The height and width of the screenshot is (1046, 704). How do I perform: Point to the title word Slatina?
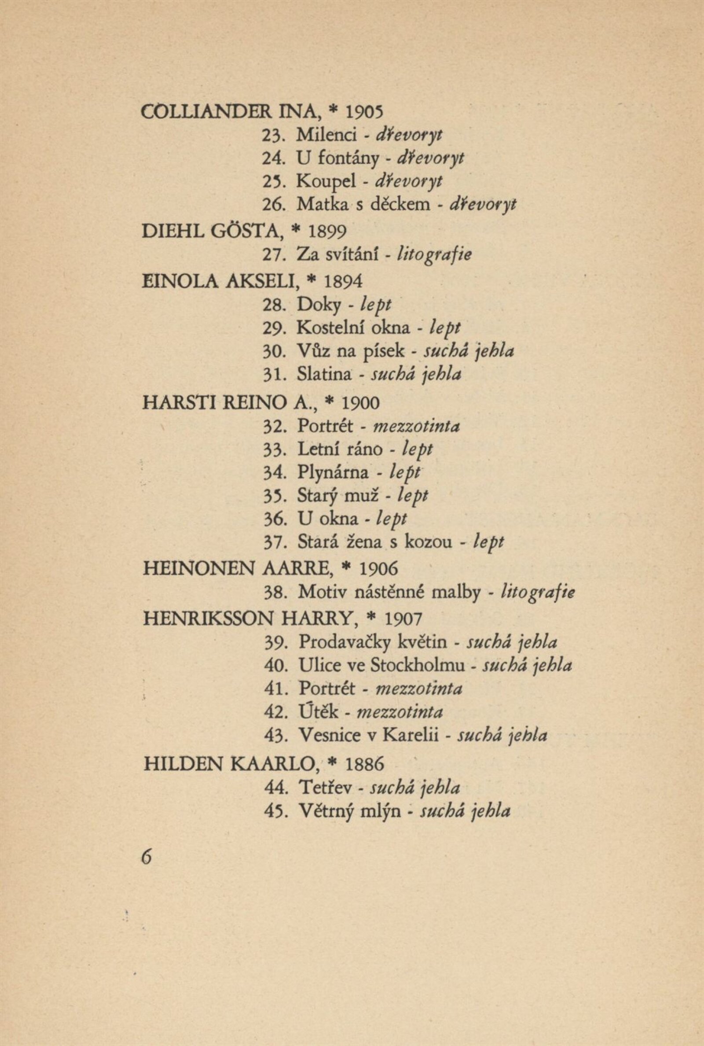[325, 375]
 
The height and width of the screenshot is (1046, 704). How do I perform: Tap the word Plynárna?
[333, 472]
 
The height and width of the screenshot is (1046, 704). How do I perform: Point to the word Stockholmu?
[418, 665]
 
